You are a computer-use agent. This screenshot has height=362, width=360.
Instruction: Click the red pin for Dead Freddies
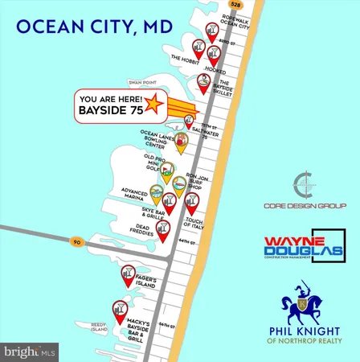[x=164, y=231]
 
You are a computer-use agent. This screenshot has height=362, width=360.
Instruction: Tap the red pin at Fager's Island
[x=128, y=275]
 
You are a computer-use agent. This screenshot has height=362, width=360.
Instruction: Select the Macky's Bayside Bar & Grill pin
[x=121, y=311]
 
